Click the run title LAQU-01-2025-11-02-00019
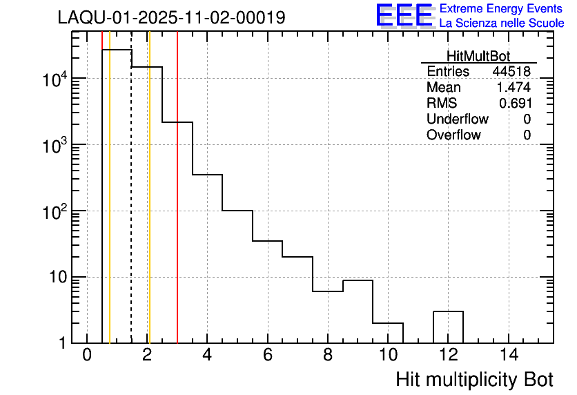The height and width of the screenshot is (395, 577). (x=171, y=18)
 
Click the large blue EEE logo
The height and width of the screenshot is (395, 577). (x=404, y=16)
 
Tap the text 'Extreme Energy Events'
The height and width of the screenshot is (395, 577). (x=501, y=8)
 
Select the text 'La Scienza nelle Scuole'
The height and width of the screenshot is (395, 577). (x=501, y=23)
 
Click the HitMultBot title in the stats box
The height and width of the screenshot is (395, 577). (x=478, y=57)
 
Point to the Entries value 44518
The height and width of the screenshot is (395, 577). (x=511, y=72)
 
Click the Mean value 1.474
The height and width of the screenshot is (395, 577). (x=514, y=88)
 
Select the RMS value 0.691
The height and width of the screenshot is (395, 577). (x=515, y=103)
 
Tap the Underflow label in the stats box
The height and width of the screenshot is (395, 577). (x=457, y=119)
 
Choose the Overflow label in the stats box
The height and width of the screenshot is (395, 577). (x=453, y=135)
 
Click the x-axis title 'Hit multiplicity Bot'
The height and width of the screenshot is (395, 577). (x=474, y=380)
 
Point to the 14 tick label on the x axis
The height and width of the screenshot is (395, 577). (x=508, y=356)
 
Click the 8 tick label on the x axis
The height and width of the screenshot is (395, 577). (x=327, y=356)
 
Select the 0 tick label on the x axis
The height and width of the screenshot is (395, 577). (x=87, y=356)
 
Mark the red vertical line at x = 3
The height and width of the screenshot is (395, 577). (x=177, y=207)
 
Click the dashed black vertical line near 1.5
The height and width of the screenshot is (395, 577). (x=131, y=207)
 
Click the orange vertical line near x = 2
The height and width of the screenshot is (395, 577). (x=149, y=207)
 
